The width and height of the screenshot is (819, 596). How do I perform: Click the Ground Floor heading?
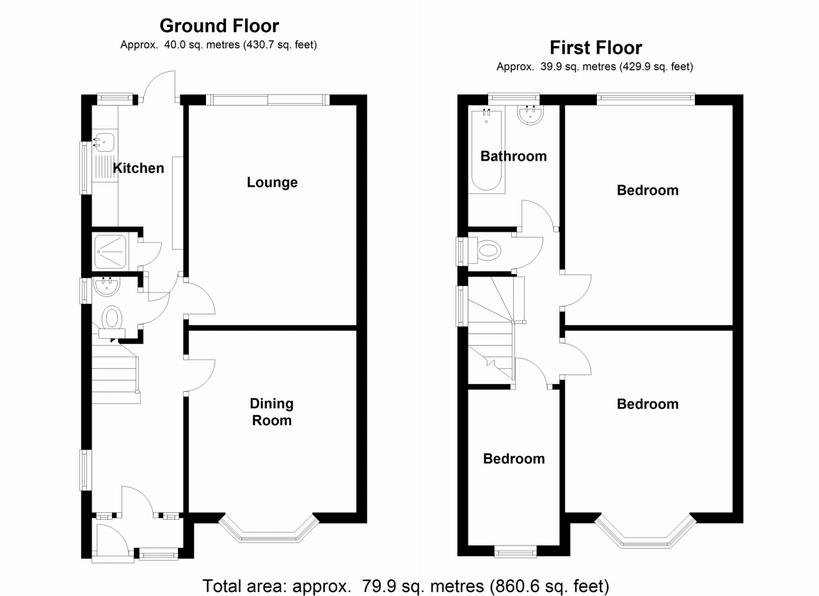click(219, 26)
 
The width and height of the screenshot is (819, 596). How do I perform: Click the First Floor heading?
click(596, 47)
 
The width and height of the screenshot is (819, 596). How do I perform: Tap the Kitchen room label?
click(138, 168)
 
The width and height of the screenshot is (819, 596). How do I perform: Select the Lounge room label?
click(272, 182)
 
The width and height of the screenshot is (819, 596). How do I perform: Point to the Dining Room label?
click(271, 412)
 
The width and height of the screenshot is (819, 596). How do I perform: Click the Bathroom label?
click(513, 156)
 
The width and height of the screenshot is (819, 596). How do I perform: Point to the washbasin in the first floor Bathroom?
click(530, 115)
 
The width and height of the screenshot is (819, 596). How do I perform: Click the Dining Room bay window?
click(269, 531)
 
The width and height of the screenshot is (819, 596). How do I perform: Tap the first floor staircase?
click(491, 333)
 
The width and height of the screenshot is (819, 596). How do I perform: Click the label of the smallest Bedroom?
click(514, 458)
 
